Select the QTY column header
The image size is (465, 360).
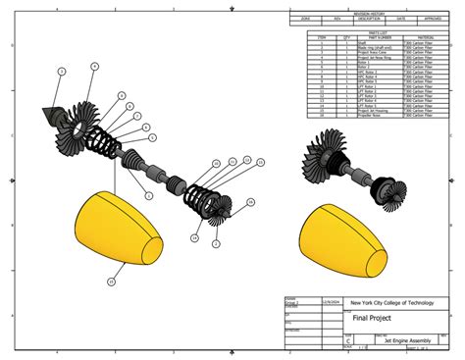click(346, 37)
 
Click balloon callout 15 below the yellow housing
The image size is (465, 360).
click(111, 282)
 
